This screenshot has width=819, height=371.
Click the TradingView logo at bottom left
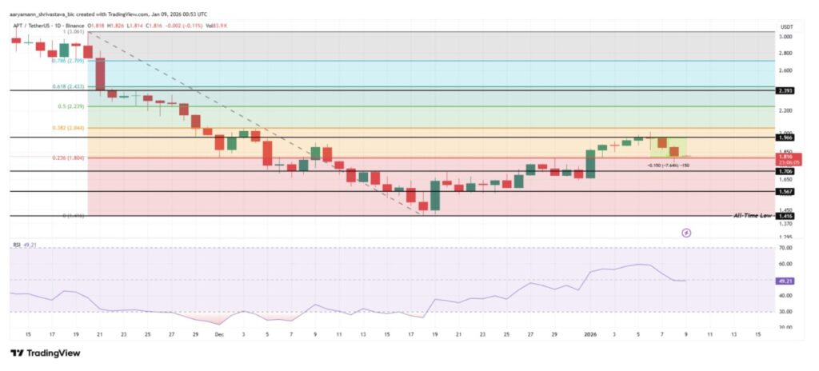coord(46,353)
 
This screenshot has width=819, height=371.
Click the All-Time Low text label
coord(753,216)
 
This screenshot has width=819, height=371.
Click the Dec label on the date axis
coord(219,333)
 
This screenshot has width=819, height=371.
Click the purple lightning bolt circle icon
coord(685,233)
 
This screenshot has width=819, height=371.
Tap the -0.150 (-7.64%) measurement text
coord(668,166)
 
